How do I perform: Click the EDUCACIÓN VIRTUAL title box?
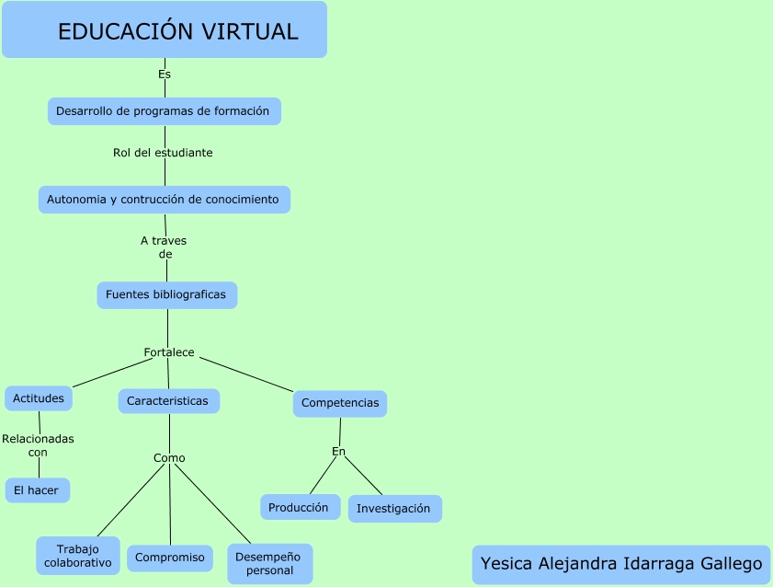tap(165, 30)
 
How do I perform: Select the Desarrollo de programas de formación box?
tap(164, 111)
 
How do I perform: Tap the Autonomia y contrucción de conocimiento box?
tap(164, 200)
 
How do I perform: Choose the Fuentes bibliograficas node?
tap(166, 295)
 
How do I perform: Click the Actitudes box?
tap(39, 398)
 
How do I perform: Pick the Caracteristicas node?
tap(168, 401)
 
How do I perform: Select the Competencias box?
tap(340, 404)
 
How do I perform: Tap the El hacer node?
tap(37, 490)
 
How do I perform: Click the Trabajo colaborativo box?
tap(78, 556)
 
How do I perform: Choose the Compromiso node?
tap(170, 558)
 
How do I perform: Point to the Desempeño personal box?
tap(269, 563)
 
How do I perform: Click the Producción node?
tap(299, 507)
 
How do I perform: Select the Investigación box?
tap(394, 509)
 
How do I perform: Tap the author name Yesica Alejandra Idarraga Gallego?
tap(621, 564)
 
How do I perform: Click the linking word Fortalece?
tap(169, 352)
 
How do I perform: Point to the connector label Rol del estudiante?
tap(163, 153)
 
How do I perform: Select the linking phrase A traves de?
tap(165, 247)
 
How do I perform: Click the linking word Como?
tap(169, 458)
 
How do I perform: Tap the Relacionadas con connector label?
tap(38, 445)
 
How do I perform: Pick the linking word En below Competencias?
tap(338, 451)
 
